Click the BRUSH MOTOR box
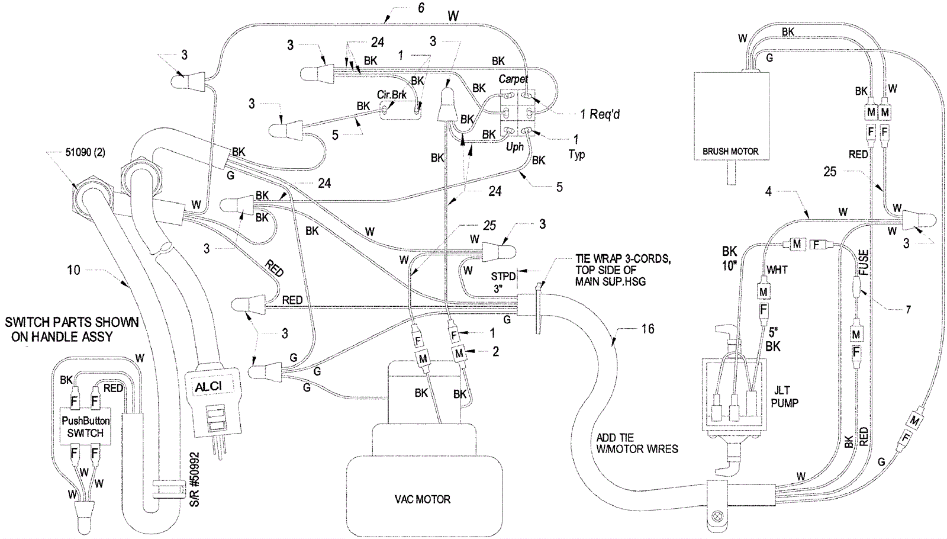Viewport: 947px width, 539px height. coord(730,117)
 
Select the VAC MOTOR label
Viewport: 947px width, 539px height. coord(422,499)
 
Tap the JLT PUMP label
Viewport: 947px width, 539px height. coord(784,397)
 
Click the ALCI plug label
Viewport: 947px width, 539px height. coord(209,387)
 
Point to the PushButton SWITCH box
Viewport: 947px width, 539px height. coord(85,426)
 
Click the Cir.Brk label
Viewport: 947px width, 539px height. coord(391,95)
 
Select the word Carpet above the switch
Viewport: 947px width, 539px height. coord(513,79)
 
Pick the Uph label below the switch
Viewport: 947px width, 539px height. coord(514,146)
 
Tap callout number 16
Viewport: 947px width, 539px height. coord(648,329)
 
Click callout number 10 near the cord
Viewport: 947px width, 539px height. coord(73,270)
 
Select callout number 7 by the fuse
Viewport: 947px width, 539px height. coord(908,309)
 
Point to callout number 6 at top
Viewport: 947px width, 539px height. coord(421,8)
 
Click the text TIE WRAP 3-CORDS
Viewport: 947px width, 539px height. coord(623,259)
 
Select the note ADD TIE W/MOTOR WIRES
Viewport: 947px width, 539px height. coord(637,443)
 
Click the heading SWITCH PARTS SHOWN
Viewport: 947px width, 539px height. coord(72,322)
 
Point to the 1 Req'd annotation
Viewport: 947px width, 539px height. coord(600,114)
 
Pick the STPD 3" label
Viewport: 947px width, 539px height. coord(503,282)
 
